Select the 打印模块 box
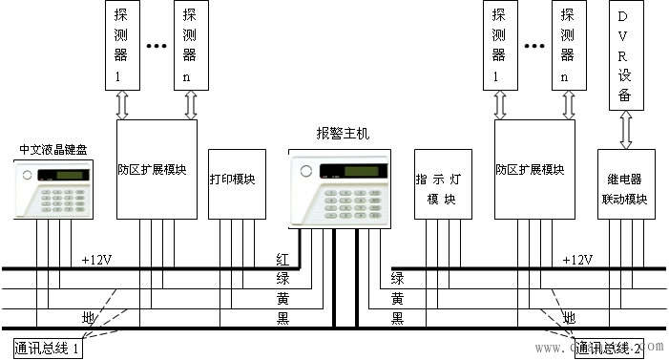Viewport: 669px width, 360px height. coord(232,181)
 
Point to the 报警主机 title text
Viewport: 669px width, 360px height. coord(342,134)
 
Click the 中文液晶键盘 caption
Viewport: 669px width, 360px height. coord(54,150)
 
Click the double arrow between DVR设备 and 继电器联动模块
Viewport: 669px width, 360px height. coord(625,128)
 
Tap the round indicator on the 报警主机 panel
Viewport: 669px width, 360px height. coord(306,172)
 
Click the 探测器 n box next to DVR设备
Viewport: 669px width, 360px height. coord(569,45)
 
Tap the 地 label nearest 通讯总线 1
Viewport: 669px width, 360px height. coord(89,316)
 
